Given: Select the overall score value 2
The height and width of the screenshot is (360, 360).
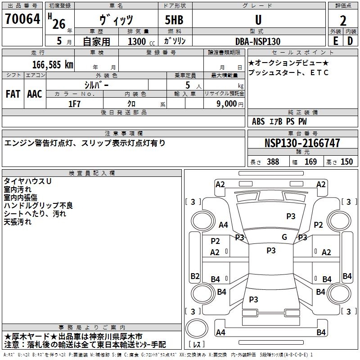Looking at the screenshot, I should pos(343,20).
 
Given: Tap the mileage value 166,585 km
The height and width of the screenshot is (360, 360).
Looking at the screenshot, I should pos(53,64).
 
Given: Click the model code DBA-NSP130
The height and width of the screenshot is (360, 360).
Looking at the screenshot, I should pos(258,41).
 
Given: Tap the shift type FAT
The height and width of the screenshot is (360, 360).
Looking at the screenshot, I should pos(13,94).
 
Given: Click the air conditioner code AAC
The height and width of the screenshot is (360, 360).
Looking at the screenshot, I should pos(34,94).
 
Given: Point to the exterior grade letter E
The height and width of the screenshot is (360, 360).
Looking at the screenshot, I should pos(335,41).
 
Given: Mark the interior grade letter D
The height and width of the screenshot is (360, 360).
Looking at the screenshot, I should pos(350,41).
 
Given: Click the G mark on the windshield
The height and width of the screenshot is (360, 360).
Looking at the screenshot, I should pos(284,237).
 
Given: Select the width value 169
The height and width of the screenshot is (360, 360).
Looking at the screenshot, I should pos(310,162).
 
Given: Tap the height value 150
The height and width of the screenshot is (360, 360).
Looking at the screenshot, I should pos(346,162).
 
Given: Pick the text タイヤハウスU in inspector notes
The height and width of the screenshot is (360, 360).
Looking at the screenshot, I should pos(27,181).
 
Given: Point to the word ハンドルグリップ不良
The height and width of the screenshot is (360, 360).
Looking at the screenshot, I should pos(38,206).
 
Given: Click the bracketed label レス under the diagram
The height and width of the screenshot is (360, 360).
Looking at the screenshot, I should pos(197,345).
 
